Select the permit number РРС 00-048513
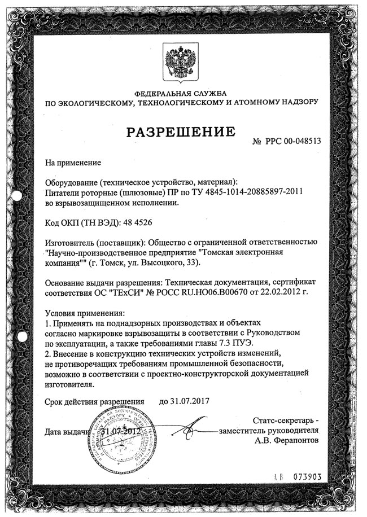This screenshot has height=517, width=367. [x=292, y=141]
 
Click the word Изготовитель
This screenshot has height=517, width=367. [x=70, y=242]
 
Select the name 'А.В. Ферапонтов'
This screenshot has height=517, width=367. [x=286, y=439]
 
